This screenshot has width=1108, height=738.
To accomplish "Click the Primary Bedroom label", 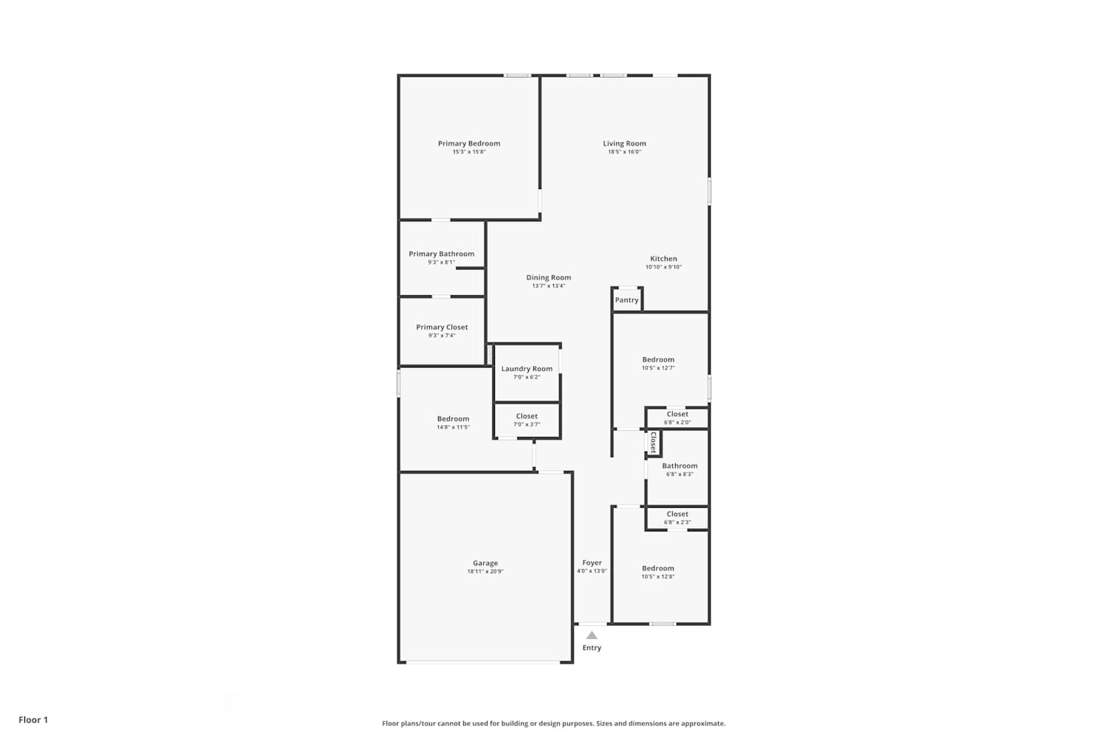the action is coord(469,143).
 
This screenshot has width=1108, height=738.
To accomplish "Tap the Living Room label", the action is coord(624,143).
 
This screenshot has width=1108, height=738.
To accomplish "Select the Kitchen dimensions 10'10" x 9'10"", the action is coord(663,267).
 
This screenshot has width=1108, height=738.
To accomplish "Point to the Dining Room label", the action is coord(549,277).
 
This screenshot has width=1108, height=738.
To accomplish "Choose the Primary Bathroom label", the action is coord(441,254).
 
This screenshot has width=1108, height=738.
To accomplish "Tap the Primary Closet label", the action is coord(442,327).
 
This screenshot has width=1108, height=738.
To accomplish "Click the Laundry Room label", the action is coord(527,369).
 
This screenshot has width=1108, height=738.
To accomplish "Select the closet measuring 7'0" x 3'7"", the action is coord(527,420).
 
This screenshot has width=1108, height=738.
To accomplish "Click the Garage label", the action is coord(485,563).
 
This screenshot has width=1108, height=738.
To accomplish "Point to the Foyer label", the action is coord(592,562).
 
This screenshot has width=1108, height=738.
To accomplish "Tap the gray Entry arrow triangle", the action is coord(592,635).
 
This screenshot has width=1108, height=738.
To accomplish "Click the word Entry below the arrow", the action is coord(592,647).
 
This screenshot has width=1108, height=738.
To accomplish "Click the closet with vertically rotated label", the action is coord(653,442).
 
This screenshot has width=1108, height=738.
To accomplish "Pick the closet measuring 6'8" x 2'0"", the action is coord(677,418).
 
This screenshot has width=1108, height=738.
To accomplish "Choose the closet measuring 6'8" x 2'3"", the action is coord(677,518).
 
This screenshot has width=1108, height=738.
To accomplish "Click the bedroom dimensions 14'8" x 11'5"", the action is coord(453,427).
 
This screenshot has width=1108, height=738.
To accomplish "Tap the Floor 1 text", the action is coord(33,720).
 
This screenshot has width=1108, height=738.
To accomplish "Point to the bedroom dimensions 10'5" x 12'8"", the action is coord(658,576).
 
